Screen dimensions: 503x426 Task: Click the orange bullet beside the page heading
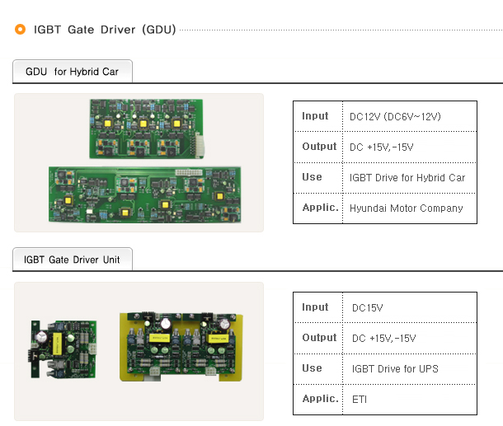click(x=21, y=29)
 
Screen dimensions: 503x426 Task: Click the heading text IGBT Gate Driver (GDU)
click(x=105, y=30)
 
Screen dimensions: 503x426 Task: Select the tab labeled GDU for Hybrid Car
click(x=73, y=71)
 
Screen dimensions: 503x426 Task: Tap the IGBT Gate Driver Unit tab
click(x=73, y=259)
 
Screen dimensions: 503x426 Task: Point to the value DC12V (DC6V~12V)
click(x=395, y=116)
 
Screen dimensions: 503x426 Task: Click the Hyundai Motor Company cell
click(x=407, y=208)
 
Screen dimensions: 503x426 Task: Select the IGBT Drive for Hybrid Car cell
click(x=407, y=178)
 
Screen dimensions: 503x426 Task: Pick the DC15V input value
click(x=367, y=307)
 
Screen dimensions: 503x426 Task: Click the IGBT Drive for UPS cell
click(x=395, y=368)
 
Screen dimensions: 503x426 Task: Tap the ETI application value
click(x=360, y=400)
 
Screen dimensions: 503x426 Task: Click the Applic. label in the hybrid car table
click(x=320, y=208)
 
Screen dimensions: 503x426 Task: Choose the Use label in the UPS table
click(x=312, y=368)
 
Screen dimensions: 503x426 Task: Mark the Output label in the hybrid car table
click(x=319, y=146)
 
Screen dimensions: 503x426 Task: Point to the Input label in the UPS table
click(x=315, y=307)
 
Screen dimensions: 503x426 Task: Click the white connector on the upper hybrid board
click(x=200, y=145)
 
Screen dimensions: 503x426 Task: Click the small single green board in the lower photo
click(x=63, y=349)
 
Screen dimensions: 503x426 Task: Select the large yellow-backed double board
click(x=181, y=347)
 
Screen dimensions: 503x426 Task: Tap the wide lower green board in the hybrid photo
click(x=144, y=194)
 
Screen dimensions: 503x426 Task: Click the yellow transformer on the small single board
click(x=57, y=344)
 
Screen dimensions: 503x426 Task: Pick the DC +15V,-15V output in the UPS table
click(x=383, y=338)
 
